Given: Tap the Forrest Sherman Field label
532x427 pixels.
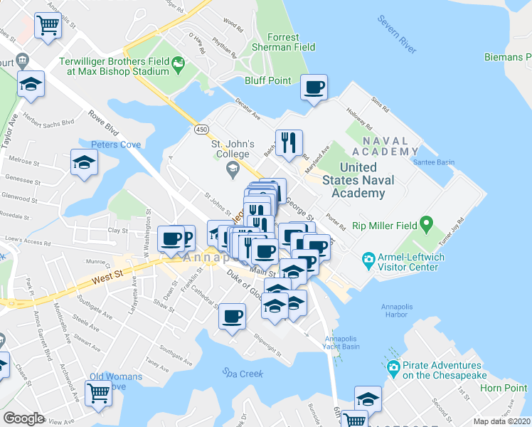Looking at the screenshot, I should pyautogui.click(x=284, y=43).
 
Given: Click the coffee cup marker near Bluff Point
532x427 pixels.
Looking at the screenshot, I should pyautogui.click(x=314, y=88).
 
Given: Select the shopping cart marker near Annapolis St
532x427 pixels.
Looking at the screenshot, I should pyautogui.click(x=48, y=26).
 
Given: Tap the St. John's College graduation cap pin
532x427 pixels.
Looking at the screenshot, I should pyautogui.click(x=232, y=169).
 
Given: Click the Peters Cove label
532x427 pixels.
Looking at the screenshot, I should pyautogui.click(x=116, y=145).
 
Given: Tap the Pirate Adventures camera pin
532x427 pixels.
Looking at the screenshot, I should pyautogui.click(x=393, y=369).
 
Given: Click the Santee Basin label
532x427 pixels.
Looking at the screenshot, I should pyautogui.click(x=434, y=162).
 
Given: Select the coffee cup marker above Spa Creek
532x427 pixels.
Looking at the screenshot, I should pyautogui.click(x=232, y=316).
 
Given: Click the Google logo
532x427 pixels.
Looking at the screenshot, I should pyautogui.click(x=23, y=418).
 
